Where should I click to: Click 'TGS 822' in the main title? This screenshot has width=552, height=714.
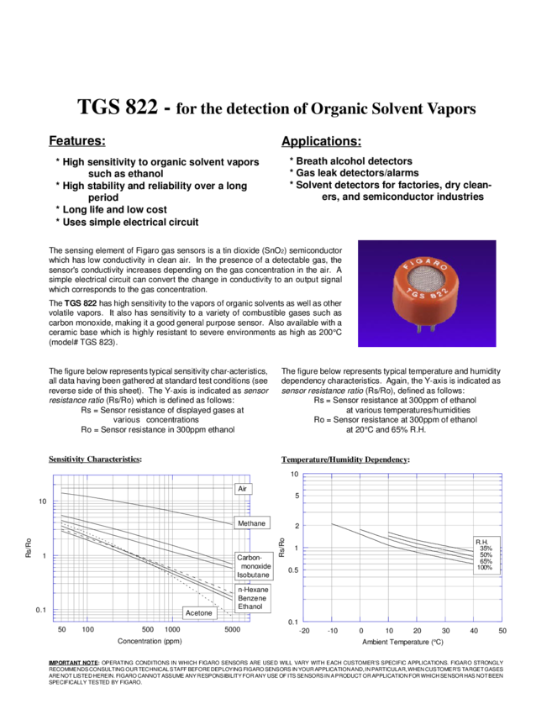116,108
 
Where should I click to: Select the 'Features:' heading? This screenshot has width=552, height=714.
76,139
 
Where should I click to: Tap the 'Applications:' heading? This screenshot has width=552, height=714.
321,139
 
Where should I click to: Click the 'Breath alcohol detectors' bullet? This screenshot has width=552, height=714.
354,160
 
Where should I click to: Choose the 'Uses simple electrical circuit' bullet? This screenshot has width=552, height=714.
129,223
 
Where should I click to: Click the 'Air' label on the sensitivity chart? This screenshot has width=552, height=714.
242,489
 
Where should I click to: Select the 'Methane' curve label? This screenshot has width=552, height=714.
251,523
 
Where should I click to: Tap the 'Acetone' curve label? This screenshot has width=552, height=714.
198,613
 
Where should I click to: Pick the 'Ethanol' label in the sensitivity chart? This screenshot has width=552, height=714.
250,606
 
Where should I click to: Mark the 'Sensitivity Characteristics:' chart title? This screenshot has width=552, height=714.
92,459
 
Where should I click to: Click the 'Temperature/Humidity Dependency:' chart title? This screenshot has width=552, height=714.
344,459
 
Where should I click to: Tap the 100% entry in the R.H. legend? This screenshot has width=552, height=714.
485,568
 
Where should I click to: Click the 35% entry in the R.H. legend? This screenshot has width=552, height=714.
486,549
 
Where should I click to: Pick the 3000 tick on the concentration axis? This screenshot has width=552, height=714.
233,629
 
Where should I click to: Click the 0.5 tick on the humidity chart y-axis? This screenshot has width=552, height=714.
293,570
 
